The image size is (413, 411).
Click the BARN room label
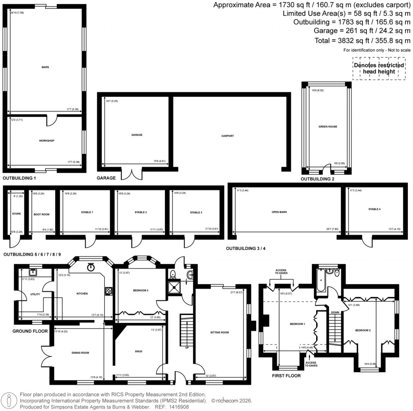pyautogui.click(x=45, y=67)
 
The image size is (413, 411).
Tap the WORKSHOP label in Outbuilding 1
pyautogui.click(x=46, y=141)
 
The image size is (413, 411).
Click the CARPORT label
pyautogui.click(x=228, y=136)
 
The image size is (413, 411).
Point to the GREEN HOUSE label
pyautogui.click(x=327, y=126)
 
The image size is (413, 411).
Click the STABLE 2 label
pyautogui.click(x=140, y=212)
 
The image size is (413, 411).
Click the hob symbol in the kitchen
pyautogui.click(x=108, y=290)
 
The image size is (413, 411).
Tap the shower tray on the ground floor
pyautogui.click(x=175, y=288)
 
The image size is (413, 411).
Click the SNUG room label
pyautogui.click(x=138, y=351)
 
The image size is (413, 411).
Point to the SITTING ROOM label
pyautogui.click(x=219, y=333)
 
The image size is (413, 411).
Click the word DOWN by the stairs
pyautogui.click(x=335, y=312)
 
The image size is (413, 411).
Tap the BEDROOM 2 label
pyautogui.click(x=363, y=330)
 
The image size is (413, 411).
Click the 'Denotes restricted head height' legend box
pyautogui.click(x=379, y=68)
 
